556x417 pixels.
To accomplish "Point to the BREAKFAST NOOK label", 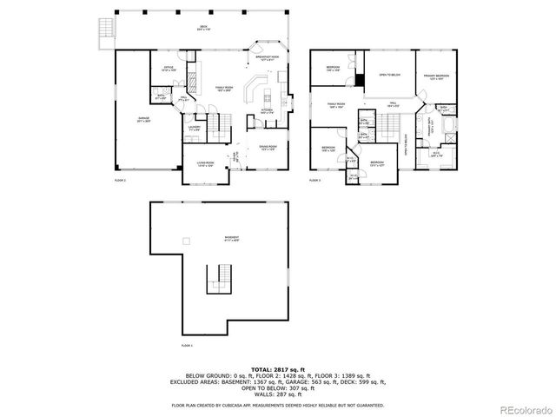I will coord(266,58).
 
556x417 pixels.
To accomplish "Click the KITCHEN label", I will coord(267,112).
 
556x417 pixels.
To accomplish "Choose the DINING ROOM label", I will coord(267,148).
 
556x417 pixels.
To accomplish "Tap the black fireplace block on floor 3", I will coord(359,81).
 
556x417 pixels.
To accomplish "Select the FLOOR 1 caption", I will coord(186,345).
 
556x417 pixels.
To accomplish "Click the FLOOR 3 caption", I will coord(315,180).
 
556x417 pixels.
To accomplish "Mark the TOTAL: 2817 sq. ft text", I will coord(277,369).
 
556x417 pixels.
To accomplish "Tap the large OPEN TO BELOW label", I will coord(388,75).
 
